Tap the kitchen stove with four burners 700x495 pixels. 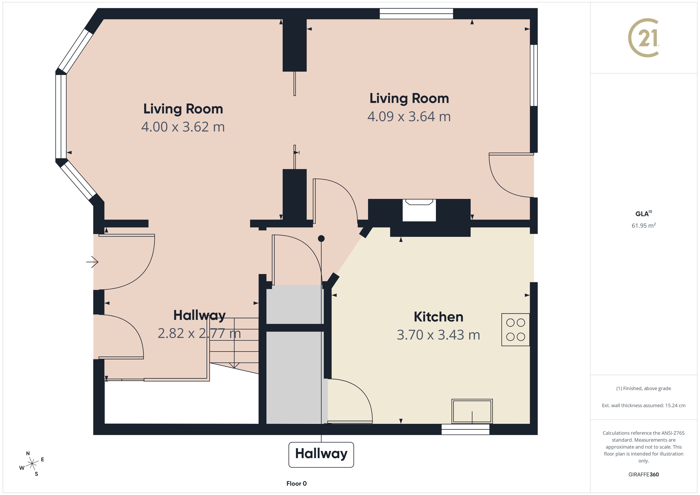tap(515, 329)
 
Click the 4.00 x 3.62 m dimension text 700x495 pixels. tap(183, 127)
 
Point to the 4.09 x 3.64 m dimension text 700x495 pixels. tap(409, 116)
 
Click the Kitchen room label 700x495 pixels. tap(438, 317)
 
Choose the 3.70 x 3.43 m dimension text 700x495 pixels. tap(438, 335)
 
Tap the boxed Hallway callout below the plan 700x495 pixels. tap(321, 454)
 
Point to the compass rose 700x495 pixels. tap(32, 464)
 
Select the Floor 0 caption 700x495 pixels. tap(296, 483)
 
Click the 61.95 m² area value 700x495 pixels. tap(643, 225)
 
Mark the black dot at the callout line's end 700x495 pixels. tap(321, 238)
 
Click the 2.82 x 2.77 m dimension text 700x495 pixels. tap(199, 333)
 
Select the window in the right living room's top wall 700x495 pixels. tap(416, 14)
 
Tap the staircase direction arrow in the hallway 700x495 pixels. tap(234, 364)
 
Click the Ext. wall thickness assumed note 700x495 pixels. tap(643, 405)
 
